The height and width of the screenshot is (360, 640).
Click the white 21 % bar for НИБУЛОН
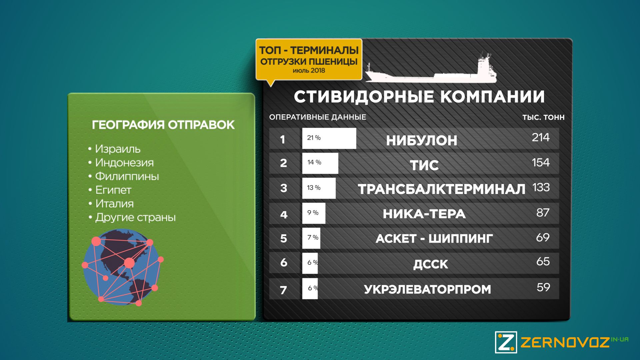point(329,138)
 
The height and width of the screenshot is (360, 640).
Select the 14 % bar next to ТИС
point(320,163)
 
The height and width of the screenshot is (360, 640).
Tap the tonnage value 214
point(540,137)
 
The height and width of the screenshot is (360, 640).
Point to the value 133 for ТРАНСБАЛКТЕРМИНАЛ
point(541,187)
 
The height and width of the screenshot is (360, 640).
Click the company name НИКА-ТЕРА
point(424,214)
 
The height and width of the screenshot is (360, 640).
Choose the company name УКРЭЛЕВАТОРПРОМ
point(427,289)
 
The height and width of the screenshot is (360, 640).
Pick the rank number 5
point(283,238)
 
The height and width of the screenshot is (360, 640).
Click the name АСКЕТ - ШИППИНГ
point(434,239)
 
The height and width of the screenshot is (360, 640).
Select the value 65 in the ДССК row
point(543,262)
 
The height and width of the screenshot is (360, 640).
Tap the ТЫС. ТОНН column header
point(543,117)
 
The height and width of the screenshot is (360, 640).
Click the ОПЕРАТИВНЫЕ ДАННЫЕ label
point(318,117)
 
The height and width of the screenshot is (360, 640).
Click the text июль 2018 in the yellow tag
point(309,71)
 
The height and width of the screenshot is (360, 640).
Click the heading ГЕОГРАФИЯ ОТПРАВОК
point(163,125)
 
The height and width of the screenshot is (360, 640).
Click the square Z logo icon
point(506,342)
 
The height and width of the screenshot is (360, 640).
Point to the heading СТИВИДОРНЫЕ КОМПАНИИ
point(419,97)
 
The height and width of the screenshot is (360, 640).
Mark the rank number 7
point(283,290)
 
